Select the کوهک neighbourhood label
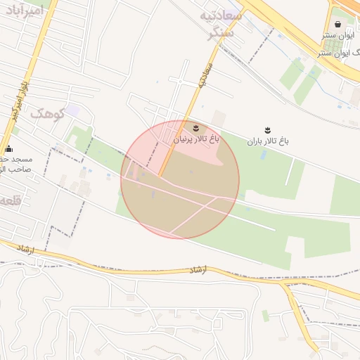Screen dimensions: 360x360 47,113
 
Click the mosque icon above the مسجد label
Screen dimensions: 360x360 8,148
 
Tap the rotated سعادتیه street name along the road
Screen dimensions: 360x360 205,73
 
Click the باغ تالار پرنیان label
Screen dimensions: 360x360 196,140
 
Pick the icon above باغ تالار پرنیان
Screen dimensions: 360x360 195,128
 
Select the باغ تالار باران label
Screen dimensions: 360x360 268,141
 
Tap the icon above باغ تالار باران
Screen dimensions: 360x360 267,129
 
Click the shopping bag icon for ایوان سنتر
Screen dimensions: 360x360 338,24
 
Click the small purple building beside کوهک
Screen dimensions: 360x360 72,110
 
